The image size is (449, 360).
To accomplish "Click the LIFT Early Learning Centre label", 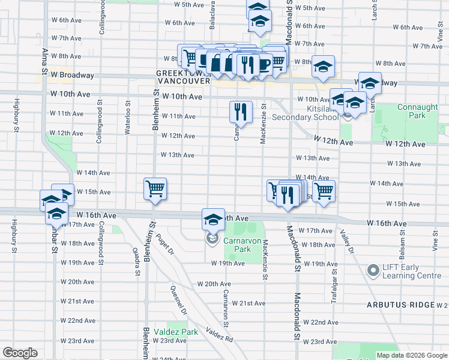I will click(412, 272).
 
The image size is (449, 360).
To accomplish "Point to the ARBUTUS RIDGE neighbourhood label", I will click(400, 305).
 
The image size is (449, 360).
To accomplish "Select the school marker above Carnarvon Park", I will click(212, 220).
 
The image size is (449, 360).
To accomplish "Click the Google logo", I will click(20, 353).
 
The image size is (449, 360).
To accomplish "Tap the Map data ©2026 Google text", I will click(412, 355).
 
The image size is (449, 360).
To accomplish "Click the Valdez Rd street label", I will click(219, 334).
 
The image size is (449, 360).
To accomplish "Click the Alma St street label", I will click(44, 59).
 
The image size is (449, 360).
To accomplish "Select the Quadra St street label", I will click(137, 263).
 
